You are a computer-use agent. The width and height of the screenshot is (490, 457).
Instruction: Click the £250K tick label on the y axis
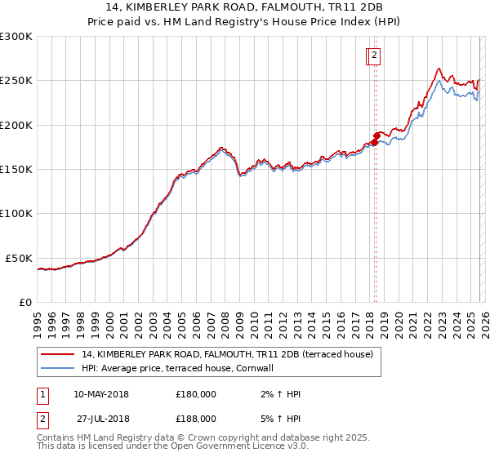click(16, 81)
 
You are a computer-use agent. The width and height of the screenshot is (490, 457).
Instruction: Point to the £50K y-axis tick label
click(19, 258)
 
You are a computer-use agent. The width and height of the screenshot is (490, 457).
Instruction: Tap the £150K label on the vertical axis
click(16, 170)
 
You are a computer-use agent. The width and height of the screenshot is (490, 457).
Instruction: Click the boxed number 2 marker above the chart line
click(373, 55)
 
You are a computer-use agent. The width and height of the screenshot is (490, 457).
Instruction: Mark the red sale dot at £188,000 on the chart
click(376, 135)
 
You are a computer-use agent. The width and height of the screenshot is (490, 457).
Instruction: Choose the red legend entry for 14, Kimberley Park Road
click(227, 354)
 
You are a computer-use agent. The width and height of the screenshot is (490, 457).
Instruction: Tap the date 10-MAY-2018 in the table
click(101, 394)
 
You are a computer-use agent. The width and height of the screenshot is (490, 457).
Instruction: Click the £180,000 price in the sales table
click(195, 394)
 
